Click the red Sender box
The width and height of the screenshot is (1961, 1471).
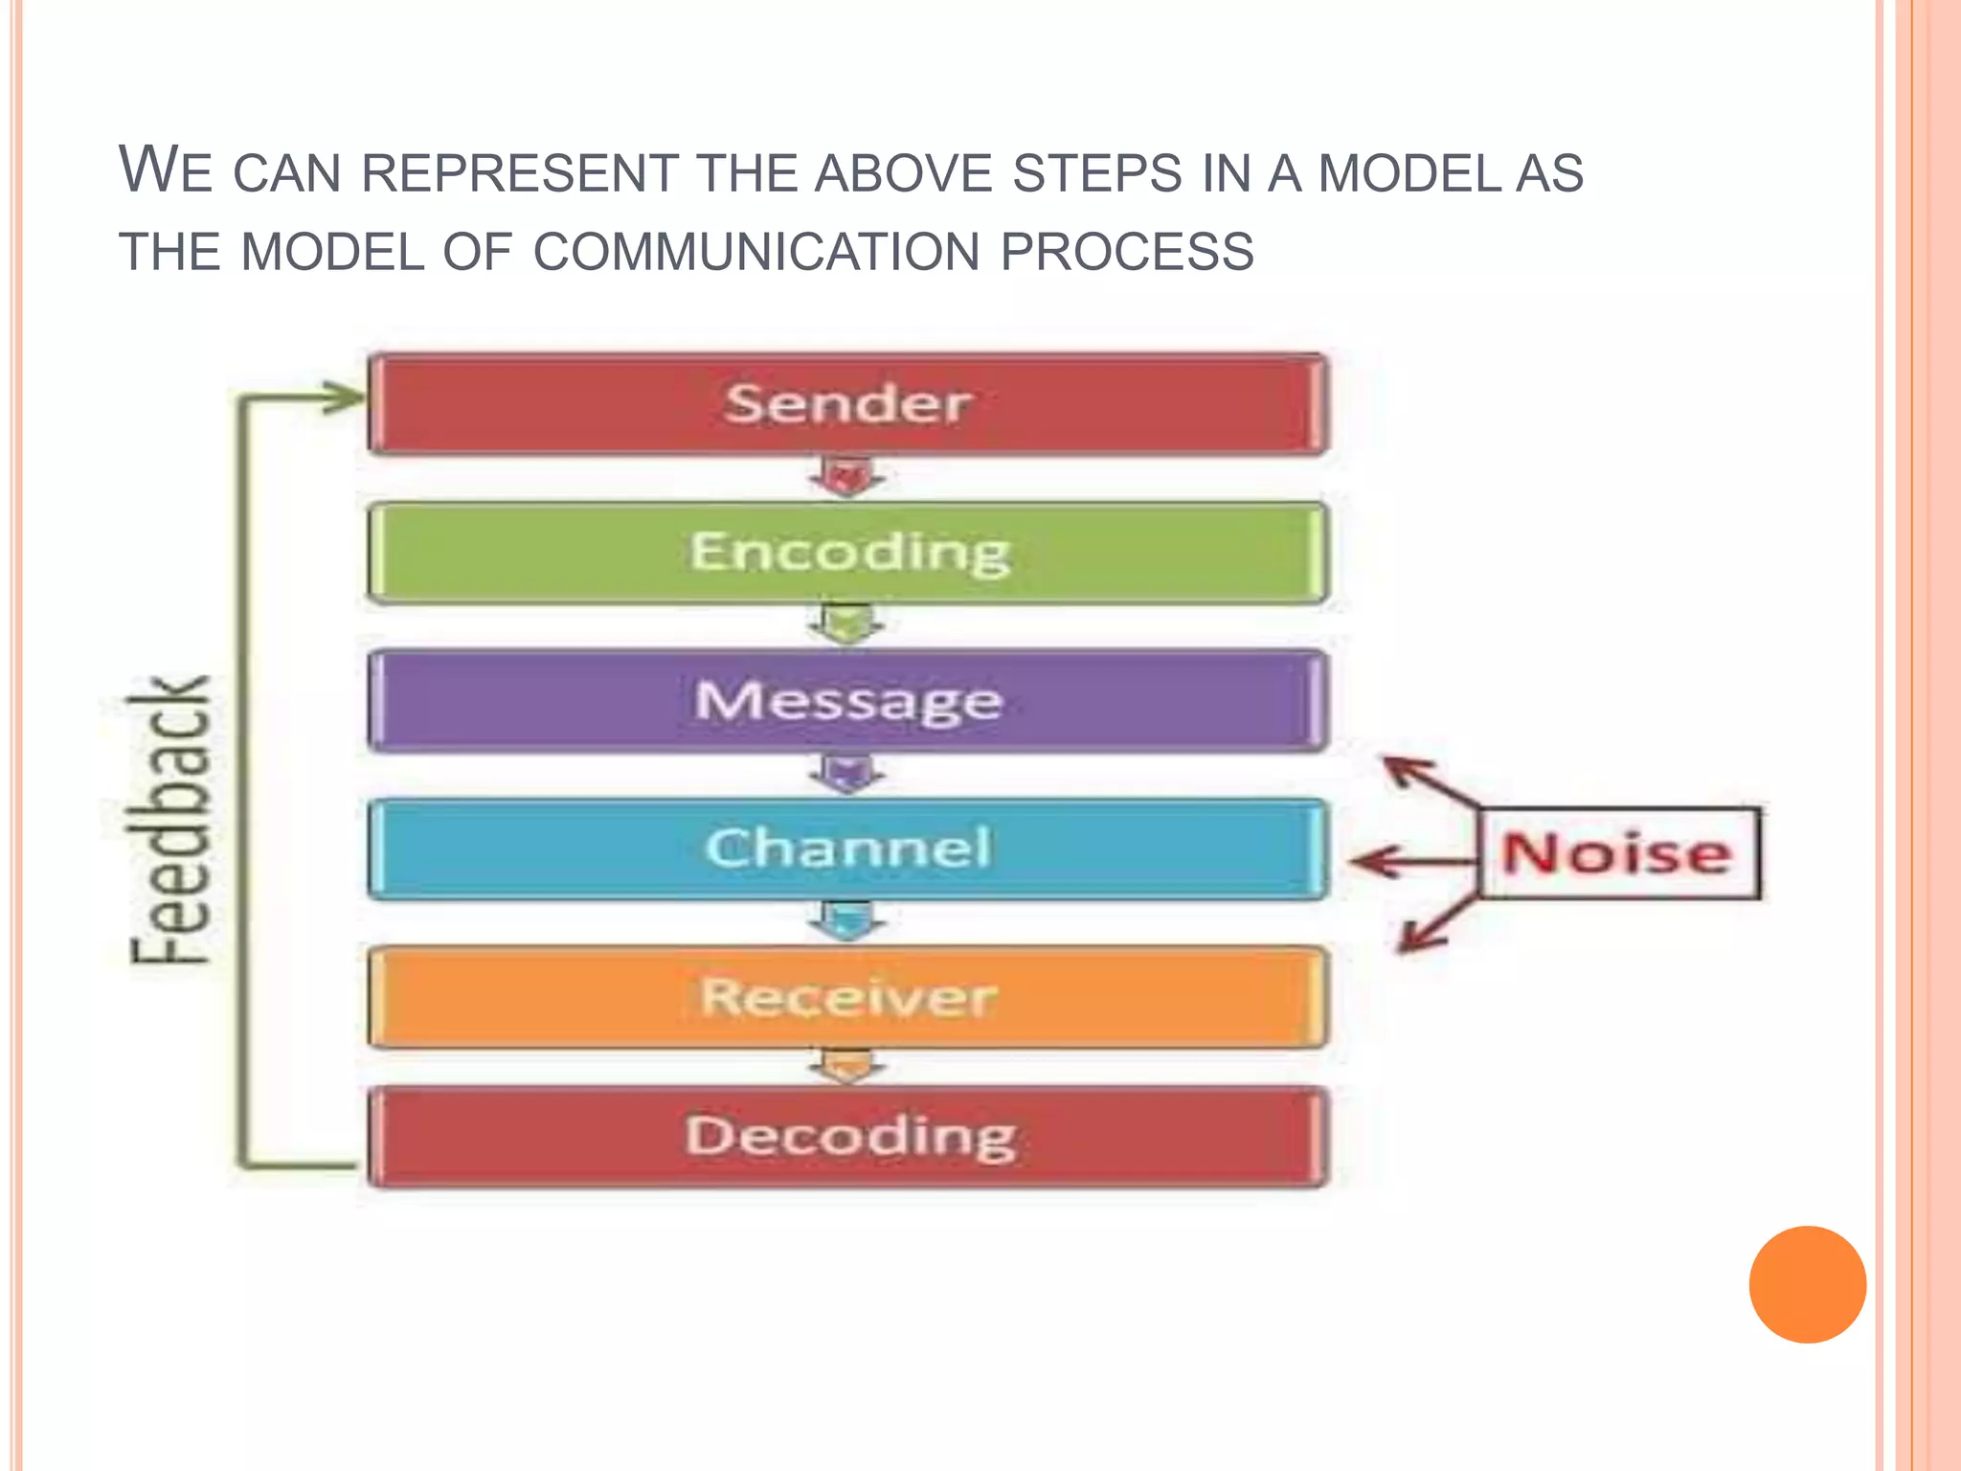coord(848,403)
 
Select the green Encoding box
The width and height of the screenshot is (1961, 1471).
coord(848,553)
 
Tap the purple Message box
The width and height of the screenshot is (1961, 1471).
coord(848,700)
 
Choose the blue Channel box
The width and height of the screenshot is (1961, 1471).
coord(848,849)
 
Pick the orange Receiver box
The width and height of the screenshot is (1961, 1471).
coord(848,997)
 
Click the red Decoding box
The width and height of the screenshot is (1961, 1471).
coord(848,1137)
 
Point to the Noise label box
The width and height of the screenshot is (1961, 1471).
coord(1618,853)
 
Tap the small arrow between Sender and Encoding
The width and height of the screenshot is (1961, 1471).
coord(846,477)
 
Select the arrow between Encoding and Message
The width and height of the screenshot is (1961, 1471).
coord(846,625)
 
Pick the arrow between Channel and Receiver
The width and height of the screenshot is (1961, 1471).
coord(846,921)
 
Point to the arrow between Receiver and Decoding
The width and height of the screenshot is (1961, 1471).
coord(846,1066)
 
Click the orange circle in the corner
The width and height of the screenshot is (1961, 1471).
coord(1807,1284)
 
